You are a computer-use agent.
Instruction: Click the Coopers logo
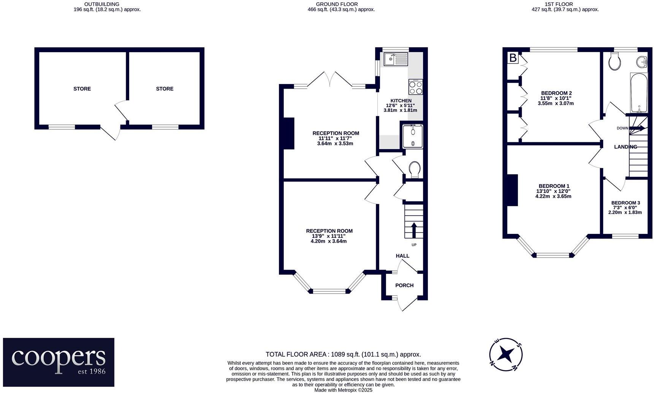coord(59,362)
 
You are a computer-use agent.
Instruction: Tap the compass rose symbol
coord(506,354)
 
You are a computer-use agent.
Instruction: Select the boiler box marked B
coord(513,58)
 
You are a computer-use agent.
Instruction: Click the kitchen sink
coord(396,60)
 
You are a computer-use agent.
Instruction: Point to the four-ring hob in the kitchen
coord(415,87)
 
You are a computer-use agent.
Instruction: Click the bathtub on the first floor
coord(639,92)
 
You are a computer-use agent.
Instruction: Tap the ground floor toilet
coord(414,169)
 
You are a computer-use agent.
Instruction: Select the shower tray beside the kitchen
coord(412,136)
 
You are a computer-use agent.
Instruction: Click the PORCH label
coord(404,285)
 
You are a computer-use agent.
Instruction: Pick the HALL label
coord(402,256)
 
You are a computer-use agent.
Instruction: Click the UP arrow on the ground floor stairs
coord(414,230)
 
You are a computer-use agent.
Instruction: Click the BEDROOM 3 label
coord(625,203)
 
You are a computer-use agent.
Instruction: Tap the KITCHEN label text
coord(401,101)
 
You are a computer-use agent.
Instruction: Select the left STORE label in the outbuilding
coord(82,89)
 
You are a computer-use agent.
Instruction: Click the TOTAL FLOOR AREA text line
coord(343,354)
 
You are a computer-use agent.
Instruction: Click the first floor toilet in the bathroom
coord(614,62)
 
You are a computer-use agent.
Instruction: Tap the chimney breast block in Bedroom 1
coord(513,190)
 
